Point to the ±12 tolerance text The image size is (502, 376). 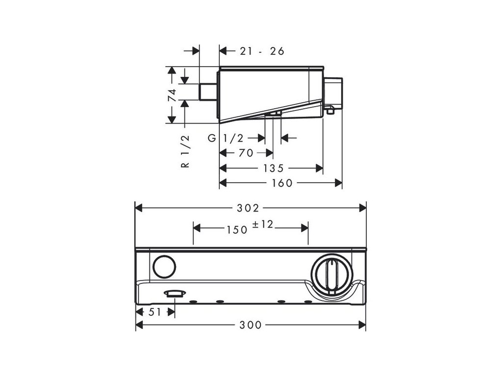pos(263,225)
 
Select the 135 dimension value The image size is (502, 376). pos(273,168)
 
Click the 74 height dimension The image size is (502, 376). pos(172,95)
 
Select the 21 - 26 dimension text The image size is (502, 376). pos(262,51)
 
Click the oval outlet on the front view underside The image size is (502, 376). pos(174,293)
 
